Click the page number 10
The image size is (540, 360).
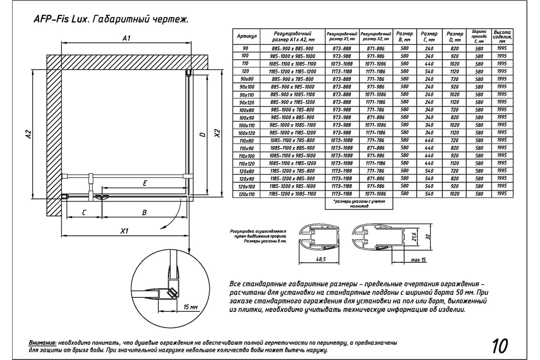point(500,346)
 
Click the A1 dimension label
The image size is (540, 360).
point(126,39)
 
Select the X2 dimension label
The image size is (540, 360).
point(217,134)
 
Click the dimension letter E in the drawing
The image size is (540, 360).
point(144,183)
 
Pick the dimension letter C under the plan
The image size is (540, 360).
point(84,213)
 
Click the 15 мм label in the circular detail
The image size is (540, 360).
point(191,307)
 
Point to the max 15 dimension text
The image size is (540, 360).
point(418,260)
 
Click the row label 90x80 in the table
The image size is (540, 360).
point(247,79)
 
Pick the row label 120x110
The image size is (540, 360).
point(247,193)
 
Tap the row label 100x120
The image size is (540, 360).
point(247,132)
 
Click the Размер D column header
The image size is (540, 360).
point(454,36)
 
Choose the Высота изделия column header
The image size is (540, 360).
point(502,36)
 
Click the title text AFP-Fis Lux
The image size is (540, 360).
point(56,20)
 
